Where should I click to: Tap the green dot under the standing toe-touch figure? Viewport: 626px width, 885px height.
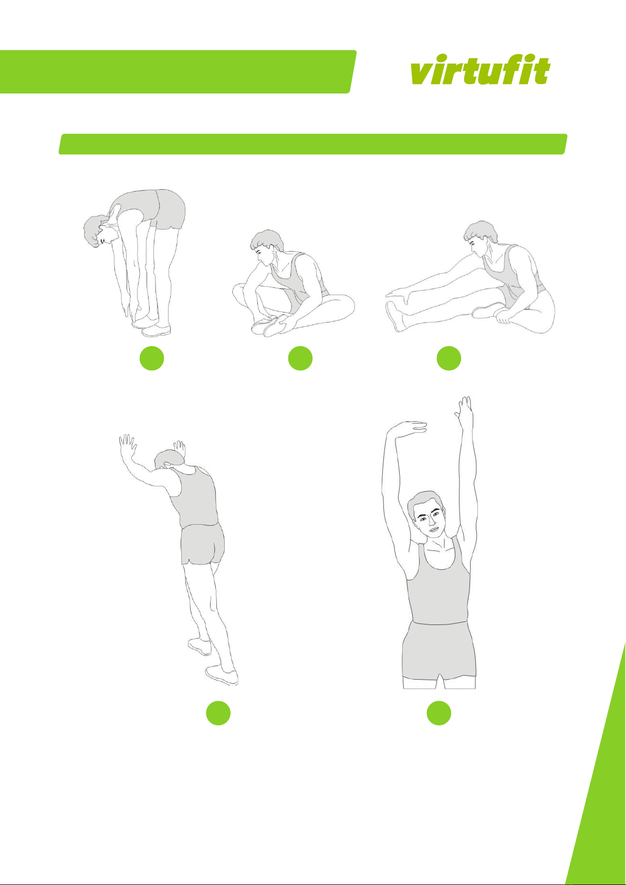point(152,358)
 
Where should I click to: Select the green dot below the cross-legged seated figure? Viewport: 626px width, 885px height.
point(300,358)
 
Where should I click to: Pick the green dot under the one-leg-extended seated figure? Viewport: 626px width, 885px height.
point(449,358)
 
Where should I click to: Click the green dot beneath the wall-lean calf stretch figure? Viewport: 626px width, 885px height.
point(218,713)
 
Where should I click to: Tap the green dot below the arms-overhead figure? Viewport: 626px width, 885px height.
point(439,713)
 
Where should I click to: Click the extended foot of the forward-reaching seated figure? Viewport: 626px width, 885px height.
point(395,316)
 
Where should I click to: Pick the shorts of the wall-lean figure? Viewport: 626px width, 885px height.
point(203,544)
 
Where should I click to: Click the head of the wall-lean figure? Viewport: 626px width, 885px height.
point(170,460)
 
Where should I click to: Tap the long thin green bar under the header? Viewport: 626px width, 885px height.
point(313,144)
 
